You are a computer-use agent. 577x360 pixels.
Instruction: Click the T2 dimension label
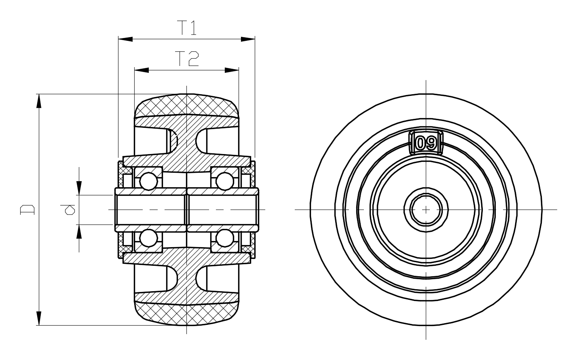coord(187,59)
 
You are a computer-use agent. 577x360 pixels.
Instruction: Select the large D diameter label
coord(27,210)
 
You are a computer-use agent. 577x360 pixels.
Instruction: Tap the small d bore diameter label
coord(68,210)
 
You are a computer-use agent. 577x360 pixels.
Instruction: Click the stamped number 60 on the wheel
coord(426,143)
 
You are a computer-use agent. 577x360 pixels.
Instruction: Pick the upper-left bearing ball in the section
coord(148,181)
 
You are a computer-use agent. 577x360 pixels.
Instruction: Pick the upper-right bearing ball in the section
coord(225,181)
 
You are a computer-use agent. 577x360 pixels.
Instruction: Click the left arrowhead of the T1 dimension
coord(125,39)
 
